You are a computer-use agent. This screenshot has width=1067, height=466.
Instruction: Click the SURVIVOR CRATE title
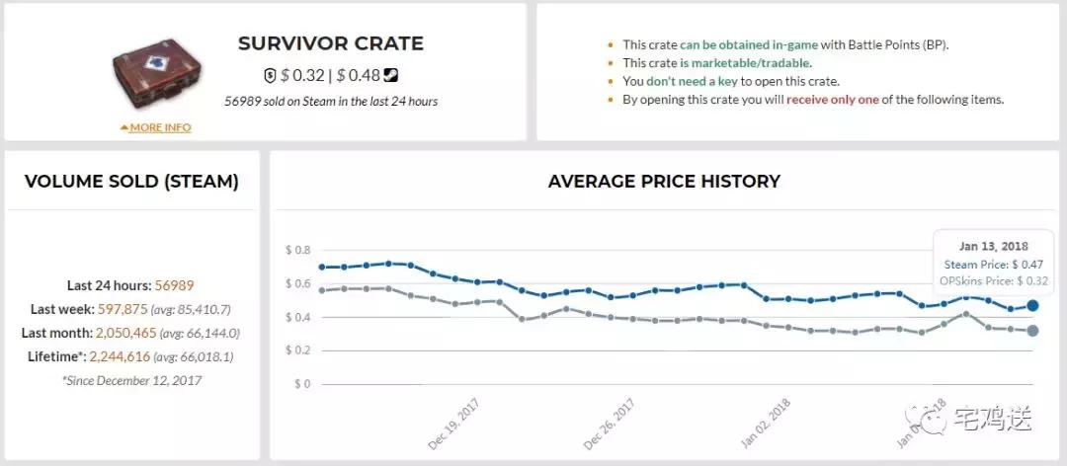point(330,43)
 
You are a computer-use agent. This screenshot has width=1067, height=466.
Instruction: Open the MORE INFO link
point(156,127)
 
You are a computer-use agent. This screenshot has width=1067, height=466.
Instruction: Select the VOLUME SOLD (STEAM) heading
point(131,182)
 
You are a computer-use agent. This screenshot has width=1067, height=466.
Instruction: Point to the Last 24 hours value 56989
point(175,285)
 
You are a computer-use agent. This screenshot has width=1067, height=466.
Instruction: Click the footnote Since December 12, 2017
point(131,379)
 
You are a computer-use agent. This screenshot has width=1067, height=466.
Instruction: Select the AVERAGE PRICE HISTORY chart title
point(664,182)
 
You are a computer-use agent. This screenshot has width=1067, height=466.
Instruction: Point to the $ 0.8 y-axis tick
point(296,250)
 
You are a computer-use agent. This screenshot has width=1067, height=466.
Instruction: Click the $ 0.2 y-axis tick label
point(296,350)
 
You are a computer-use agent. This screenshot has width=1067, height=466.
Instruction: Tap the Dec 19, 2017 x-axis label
point(454,425)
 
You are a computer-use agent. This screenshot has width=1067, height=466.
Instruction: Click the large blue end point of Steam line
point(1032,306)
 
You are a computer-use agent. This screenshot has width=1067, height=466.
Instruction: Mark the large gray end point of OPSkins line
point(1032,331)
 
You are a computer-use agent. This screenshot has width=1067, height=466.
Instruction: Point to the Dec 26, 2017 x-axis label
point(611,425)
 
